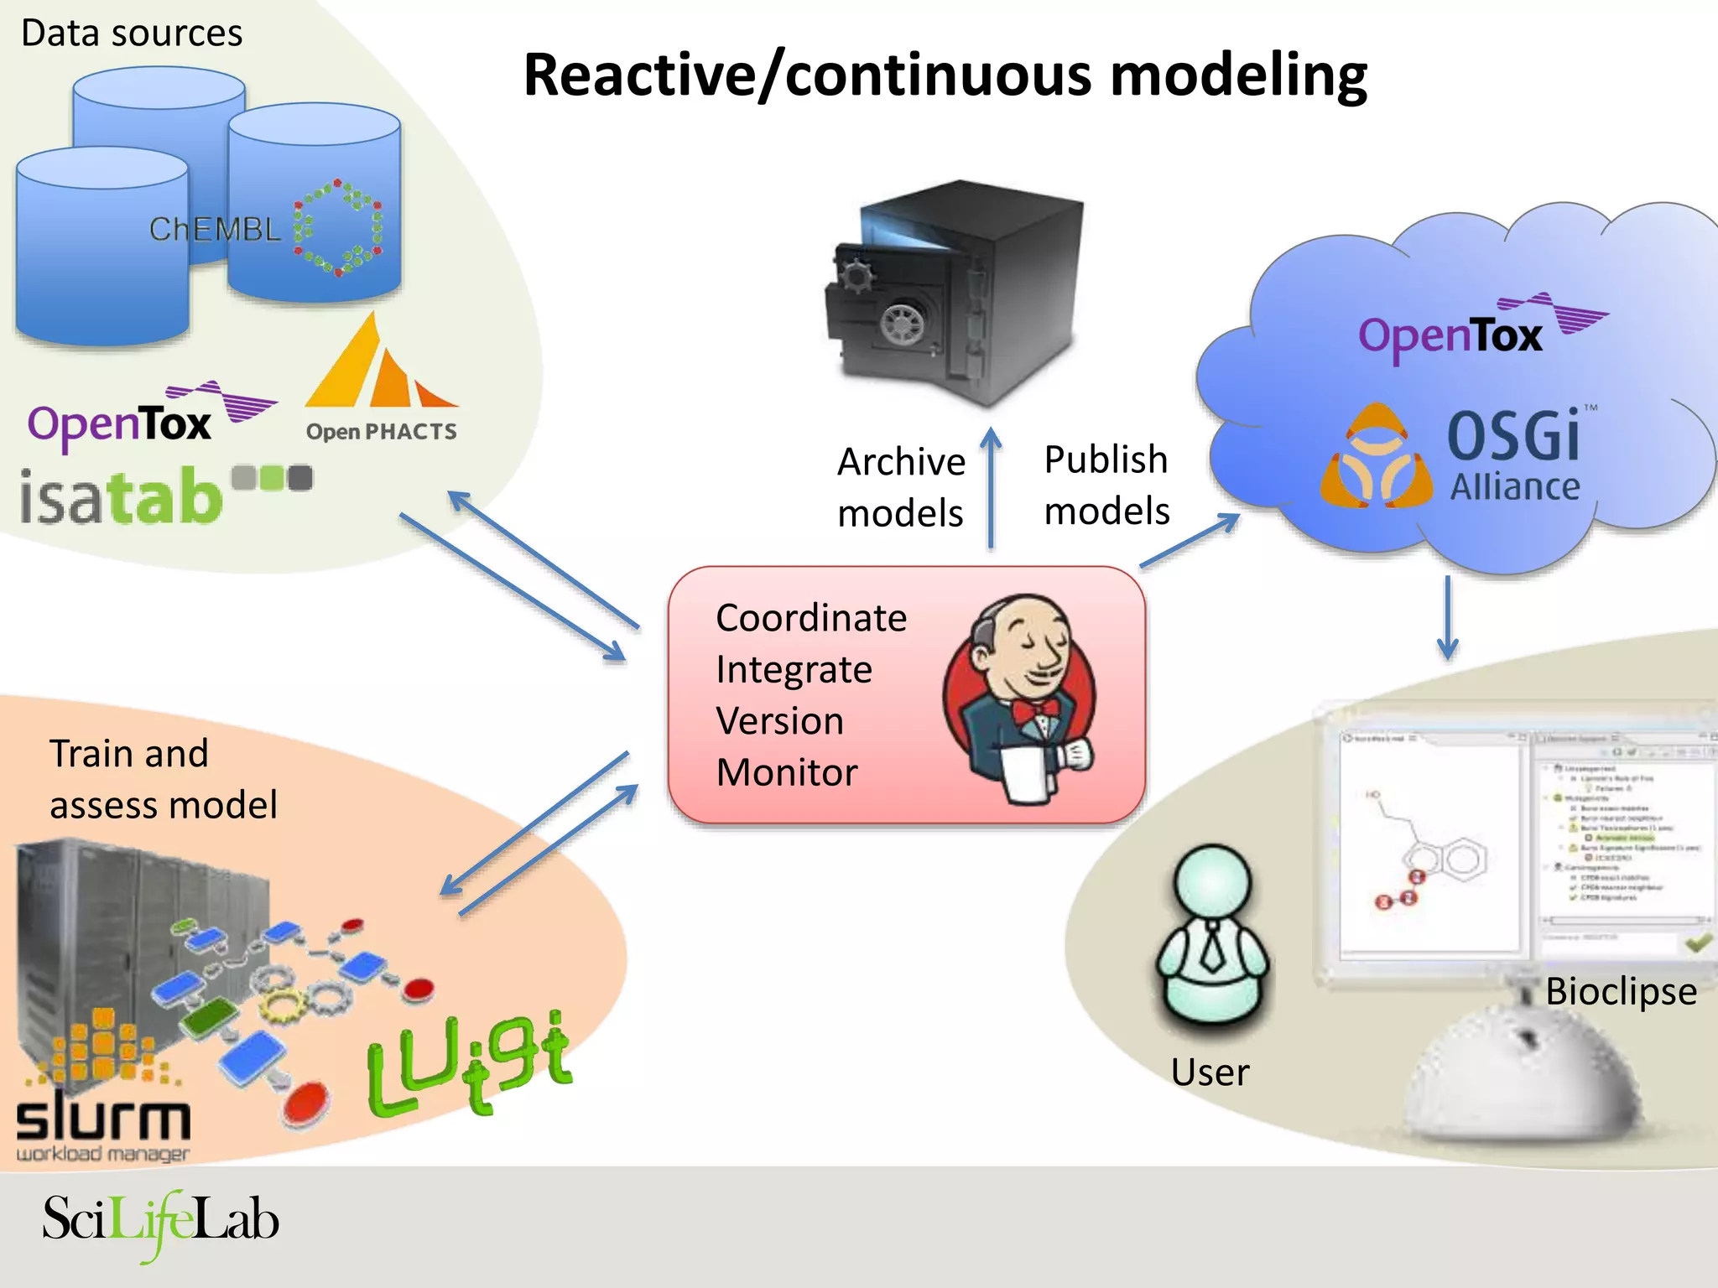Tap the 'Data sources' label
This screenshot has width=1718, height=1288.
click(x=132, y=34)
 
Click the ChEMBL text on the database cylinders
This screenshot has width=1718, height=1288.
click(x=214, y=229)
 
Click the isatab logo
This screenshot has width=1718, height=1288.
click(x=122, y=496)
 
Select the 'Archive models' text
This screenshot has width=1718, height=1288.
click(x=901, y=487)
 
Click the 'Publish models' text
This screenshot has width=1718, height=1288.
click(x=1106, y=485)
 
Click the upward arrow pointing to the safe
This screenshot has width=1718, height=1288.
click(x=992, y=486)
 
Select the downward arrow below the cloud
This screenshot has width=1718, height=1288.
click(x=1447, y=616)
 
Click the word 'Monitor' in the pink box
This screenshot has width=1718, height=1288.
click(x=787, y=772)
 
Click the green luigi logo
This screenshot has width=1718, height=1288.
click(x=470, y=1065)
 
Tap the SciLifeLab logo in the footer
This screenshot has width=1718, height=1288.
click(x=159, y=1221)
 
